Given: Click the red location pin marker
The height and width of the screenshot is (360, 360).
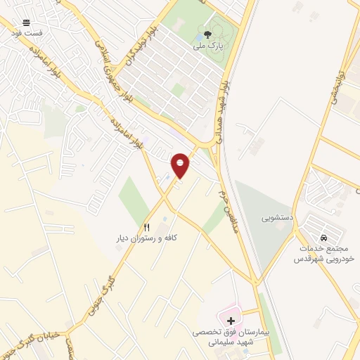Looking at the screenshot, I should [181, 165].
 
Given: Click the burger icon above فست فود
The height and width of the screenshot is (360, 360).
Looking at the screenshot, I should [26, 23].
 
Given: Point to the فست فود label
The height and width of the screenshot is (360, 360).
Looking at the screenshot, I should [26, 33].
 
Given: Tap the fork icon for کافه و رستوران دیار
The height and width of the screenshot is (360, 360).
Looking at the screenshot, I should [147, 227].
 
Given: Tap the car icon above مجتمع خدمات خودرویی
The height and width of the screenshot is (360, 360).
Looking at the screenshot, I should [323, 238].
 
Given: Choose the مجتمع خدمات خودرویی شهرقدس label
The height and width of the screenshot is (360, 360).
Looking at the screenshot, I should [322, 254].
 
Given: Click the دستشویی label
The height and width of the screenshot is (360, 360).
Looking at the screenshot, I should [276, 218].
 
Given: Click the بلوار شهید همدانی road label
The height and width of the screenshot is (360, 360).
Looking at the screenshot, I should [222, 112].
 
